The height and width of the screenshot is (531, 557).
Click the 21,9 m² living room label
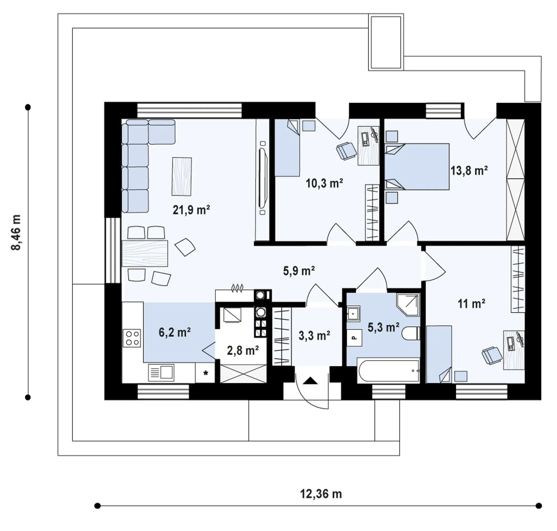(x=191, y=210)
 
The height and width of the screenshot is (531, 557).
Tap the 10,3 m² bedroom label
(x=324, y=183)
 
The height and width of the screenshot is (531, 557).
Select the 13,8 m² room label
(x=469, y=171)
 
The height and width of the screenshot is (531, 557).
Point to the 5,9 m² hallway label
(x=299, y=271)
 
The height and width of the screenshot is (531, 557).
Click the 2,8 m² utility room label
(x=243, y=350)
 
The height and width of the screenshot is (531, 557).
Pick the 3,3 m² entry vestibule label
(x=314, y=335)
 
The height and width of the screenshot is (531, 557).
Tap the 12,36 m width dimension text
(x=321, y=494)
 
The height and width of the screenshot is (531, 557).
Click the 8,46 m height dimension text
(x=17, y=232)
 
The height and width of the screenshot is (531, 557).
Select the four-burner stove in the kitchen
(x=132, y=338)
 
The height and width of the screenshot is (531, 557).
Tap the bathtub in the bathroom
(x=388, y=370)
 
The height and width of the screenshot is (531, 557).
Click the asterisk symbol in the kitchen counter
(x=206, y=373)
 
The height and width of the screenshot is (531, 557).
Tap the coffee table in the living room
(x=182, y=176)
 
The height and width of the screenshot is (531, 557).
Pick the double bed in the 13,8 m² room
(x=417, y=167)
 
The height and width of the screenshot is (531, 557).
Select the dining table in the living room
(x=145, y=253)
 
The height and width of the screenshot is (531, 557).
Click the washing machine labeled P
(x=354, y=338)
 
